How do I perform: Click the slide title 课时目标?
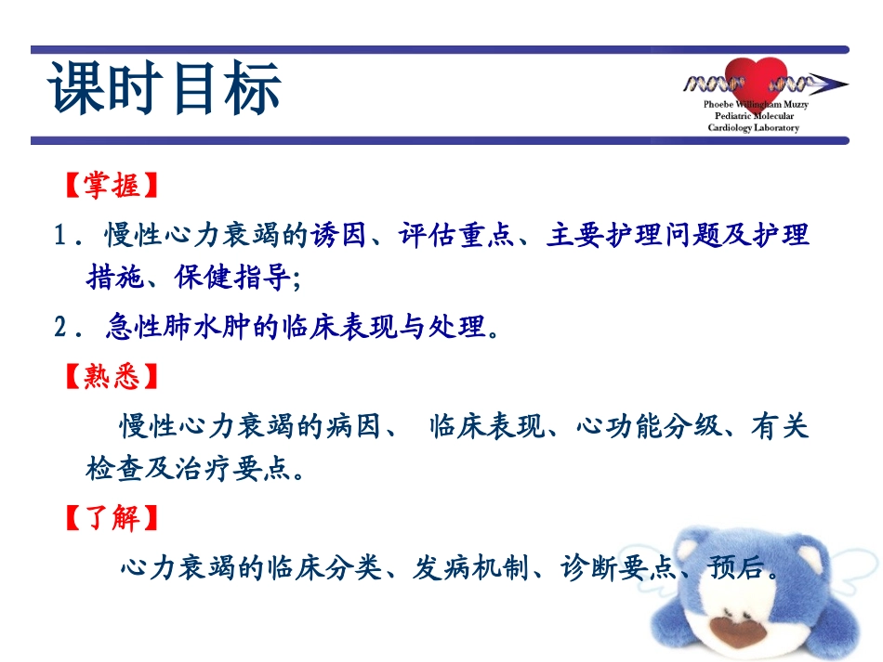(165, 90)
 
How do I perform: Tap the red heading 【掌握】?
(112, 186)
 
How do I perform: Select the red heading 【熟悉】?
(112, 377)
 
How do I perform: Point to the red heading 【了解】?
(112, 518)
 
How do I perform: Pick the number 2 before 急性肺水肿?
(61, 328)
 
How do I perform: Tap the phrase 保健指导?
(232, 278)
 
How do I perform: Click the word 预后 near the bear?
(734, 567)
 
